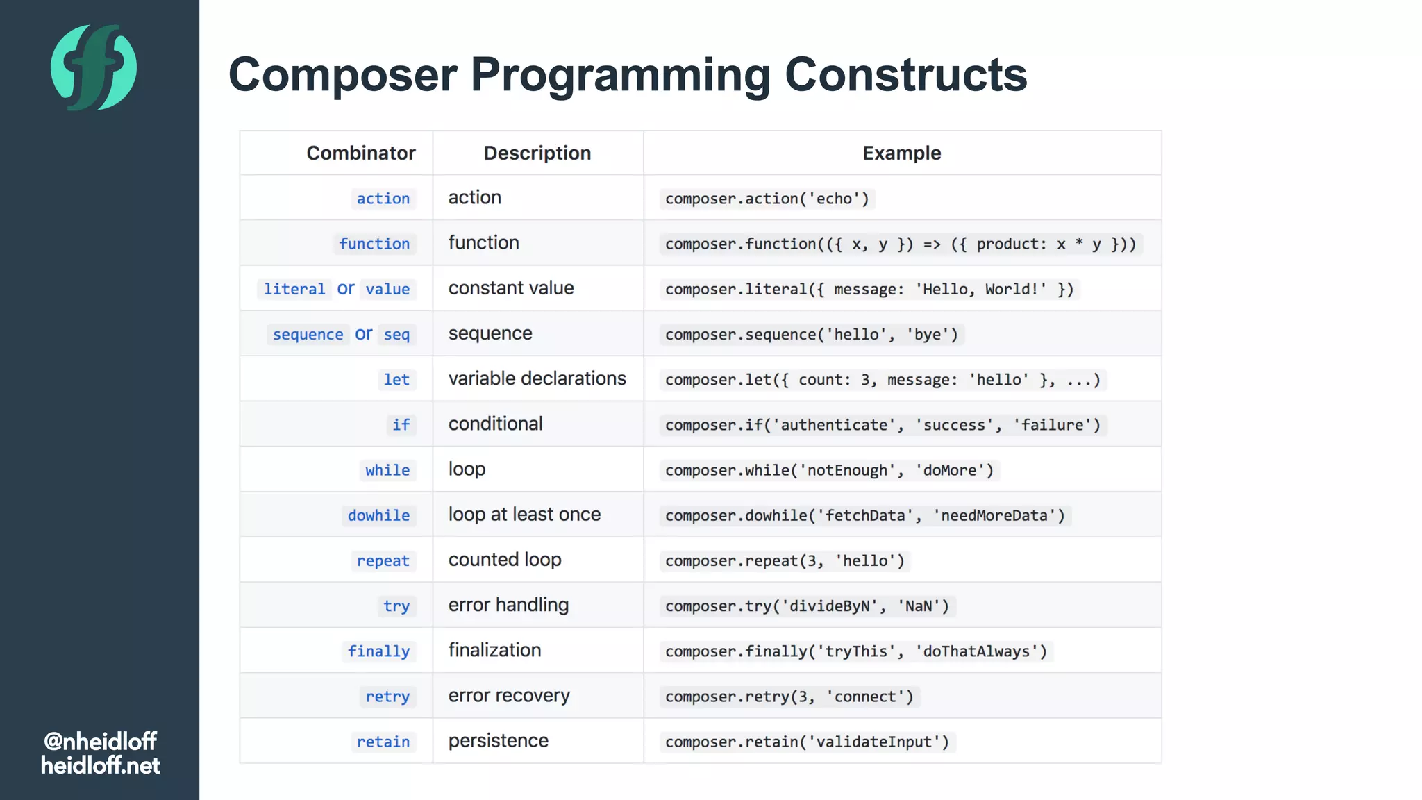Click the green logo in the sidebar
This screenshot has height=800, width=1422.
(94, 67)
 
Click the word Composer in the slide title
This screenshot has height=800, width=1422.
(343, 74)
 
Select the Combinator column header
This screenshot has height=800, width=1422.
(360, 153)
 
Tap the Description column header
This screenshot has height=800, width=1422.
(537, 153)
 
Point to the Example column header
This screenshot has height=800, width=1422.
(901, 153)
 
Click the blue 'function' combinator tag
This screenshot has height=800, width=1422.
(374, 244)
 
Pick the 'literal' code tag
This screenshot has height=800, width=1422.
(294, 289)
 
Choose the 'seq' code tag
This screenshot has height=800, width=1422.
(396, 335)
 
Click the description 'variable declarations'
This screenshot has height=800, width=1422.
(537, 378)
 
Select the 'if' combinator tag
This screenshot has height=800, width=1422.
(401, 425)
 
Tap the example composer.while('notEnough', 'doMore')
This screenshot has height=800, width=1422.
(829, 470)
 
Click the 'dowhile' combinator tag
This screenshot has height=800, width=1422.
(378, 515)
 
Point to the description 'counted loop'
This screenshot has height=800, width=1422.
(505, 560)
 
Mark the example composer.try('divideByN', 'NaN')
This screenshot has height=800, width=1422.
(807, 606)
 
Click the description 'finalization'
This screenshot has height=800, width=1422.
(494, 650)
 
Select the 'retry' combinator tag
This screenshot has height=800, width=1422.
(387, 697)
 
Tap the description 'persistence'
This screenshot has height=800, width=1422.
(498, 741)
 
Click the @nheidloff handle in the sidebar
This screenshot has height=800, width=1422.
(100, 741)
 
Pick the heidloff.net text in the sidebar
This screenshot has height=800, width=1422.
(100, 765)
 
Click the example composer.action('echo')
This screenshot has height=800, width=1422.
(767, 199)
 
